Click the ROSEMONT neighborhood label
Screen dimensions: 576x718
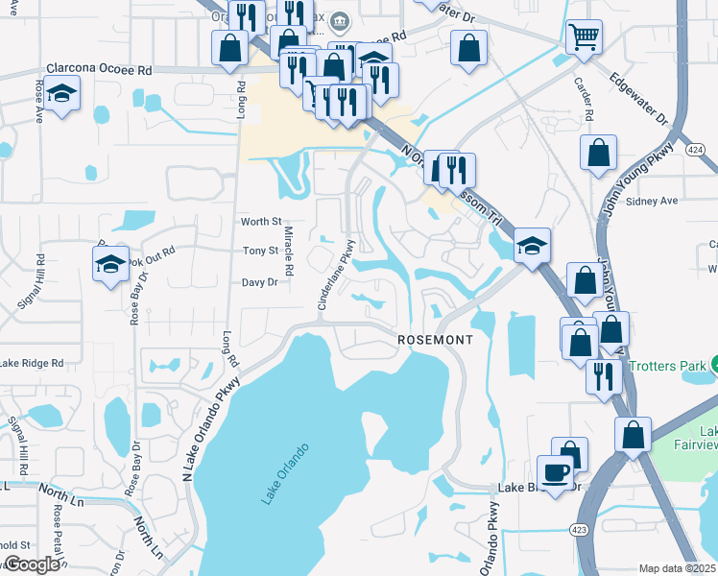click(436, 341)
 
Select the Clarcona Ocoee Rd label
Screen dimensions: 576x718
click(99, 70)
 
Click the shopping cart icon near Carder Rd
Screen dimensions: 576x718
click(584, 37)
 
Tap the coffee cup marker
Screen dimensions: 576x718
click(556, 471)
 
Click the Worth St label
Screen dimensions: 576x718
click(260, 222)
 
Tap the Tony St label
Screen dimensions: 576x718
click(260, 251)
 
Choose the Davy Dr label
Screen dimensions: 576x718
click(259, 282)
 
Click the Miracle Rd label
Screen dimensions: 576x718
click(287, 249)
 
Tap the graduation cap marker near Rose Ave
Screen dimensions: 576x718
click(62, 94)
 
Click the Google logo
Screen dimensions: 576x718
click(31, 564)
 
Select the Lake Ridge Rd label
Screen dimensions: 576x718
click(31, 364)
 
